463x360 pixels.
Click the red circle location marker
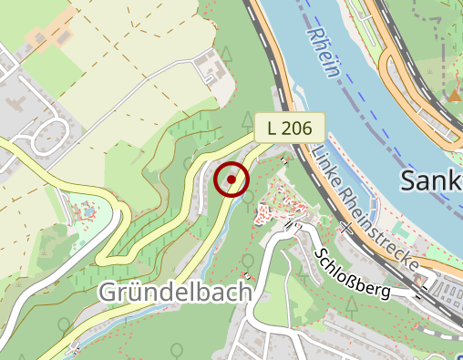click(x=231, y=180)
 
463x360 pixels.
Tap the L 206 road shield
click(x=290, y=129)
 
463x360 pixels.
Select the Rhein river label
click(x=324, y=54)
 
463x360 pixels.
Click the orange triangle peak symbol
click(x=454, y=95)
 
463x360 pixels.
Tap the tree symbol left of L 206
click(x=247, y=118)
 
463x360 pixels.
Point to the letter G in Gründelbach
click(x=106, y=293)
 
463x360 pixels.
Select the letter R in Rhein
click(x=314, y=36)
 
